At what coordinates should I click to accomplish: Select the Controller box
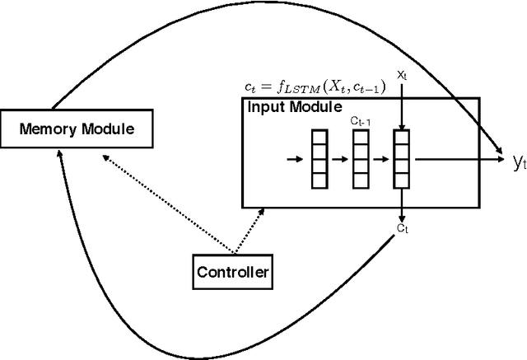233,271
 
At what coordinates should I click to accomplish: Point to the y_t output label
518,163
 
